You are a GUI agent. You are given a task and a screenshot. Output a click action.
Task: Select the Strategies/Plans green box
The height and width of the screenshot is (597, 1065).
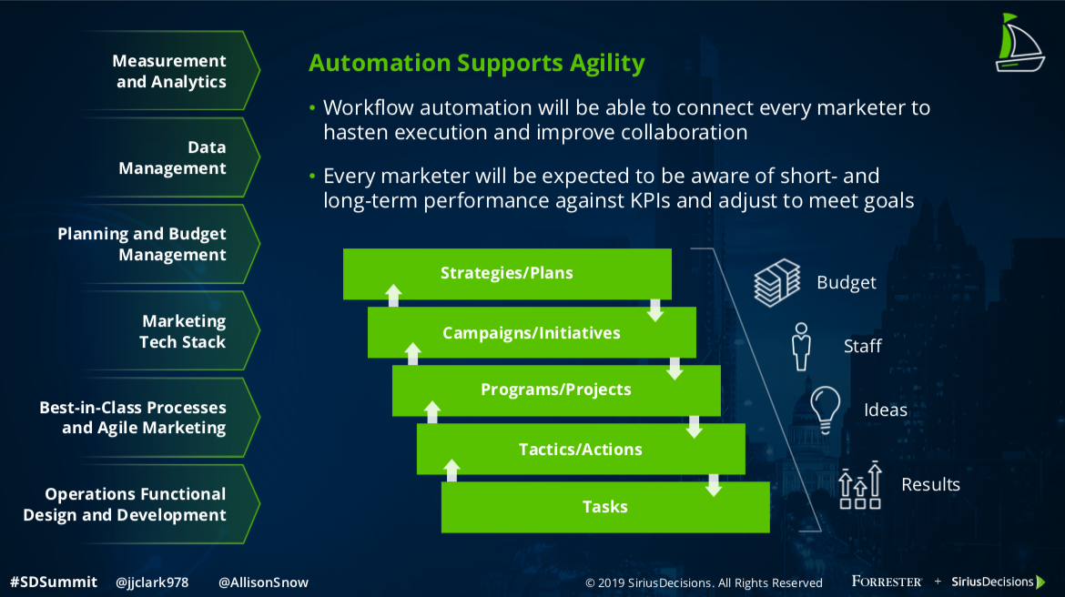(507, 274)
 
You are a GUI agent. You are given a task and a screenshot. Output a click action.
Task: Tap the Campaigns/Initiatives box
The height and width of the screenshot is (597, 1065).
(532, 332)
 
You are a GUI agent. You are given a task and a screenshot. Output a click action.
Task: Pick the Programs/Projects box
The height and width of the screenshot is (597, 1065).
(555, 390)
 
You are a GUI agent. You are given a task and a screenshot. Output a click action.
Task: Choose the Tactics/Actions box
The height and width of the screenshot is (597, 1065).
(580, 449)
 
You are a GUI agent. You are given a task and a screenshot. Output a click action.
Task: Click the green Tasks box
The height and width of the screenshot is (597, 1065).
(605, 507)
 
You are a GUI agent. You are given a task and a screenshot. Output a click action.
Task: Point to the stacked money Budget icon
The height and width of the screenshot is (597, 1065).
(777, 282)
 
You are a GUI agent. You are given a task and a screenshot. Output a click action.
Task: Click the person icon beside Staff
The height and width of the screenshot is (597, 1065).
(801, 347)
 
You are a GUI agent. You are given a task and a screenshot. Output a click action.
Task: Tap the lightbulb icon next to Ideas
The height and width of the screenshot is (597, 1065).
(826, 410)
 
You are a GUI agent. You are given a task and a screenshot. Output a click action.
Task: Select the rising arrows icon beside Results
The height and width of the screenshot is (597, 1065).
(860, 485)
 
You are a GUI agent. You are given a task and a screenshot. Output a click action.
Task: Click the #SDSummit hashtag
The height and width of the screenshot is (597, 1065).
(54, 582)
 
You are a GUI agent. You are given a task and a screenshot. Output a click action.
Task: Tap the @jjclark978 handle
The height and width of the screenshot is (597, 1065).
(152, 582)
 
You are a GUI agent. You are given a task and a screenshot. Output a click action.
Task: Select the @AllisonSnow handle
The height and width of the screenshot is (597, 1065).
(264, 582)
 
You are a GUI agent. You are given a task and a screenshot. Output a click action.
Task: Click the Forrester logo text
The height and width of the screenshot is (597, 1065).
(887, 582)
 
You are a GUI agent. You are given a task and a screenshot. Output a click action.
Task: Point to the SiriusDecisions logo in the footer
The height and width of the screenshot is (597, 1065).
(998, 582)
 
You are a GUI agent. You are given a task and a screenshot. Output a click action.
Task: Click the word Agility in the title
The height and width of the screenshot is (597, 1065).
(607, 63)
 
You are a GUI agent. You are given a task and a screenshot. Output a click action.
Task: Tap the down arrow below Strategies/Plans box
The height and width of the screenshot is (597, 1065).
(654, 309)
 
